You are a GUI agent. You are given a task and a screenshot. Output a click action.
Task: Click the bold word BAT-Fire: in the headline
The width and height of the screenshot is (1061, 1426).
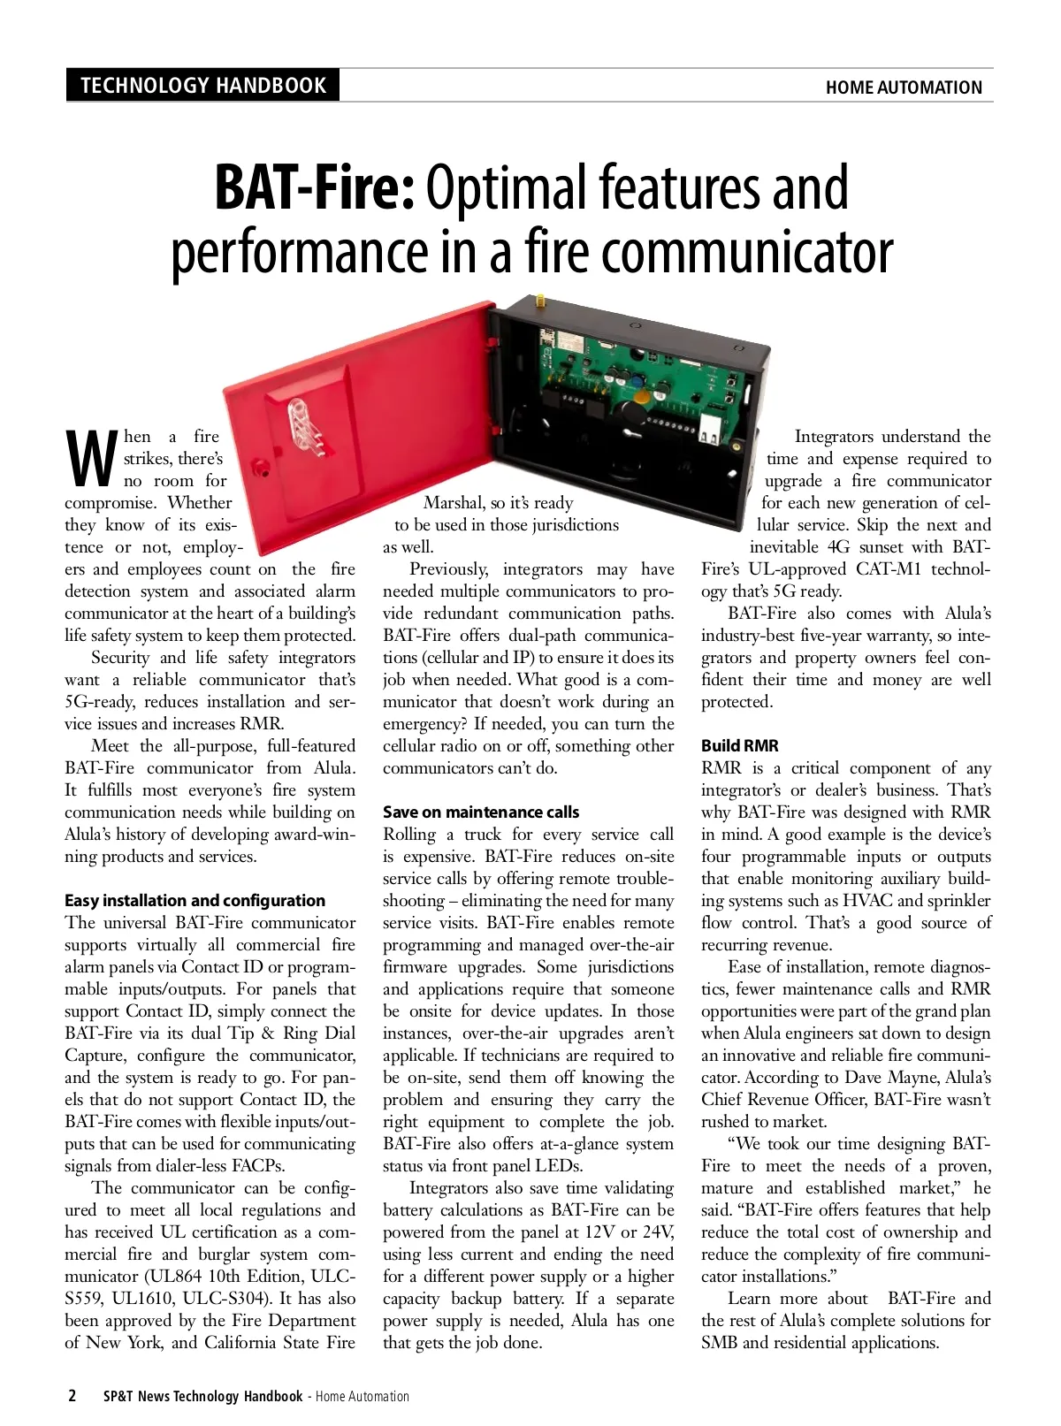(314, 188)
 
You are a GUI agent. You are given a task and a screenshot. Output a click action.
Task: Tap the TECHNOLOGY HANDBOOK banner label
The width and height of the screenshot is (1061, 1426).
(202, 86)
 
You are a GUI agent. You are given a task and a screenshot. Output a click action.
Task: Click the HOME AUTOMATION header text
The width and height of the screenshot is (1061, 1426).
(903, 88)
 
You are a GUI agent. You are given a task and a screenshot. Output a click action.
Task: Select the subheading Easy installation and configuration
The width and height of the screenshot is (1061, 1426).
(195, 901)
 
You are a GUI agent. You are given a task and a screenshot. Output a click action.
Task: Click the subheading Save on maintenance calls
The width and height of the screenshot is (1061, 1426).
(481, 812)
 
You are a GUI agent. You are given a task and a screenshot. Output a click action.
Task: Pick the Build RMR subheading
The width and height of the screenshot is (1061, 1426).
(739, 746)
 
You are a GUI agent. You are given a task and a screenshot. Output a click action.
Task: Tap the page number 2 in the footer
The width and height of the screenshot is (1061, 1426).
(72, 1397)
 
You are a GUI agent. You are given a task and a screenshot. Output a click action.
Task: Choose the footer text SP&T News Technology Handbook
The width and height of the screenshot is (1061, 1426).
(202, 1397)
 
